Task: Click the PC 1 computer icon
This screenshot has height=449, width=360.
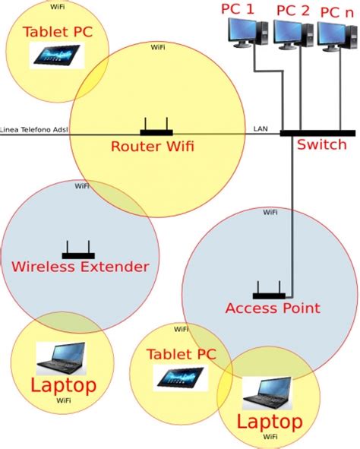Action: coord(248,34)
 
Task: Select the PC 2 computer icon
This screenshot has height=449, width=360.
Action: coord(292,34)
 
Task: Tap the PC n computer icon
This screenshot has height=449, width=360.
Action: coord(336,34)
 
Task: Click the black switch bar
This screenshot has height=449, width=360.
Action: coord(317,133)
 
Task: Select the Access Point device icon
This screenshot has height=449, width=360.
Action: coord(269,290)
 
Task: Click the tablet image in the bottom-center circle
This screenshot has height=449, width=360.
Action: coord(180,375)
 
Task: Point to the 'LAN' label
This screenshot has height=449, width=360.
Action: coord(261,129)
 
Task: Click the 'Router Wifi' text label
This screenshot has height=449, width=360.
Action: coord(152,146)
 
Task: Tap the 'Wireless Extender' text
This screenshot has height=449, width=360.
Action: coord(80,267)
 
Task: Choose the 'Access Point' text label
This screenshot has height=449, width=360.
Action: coord(273,308)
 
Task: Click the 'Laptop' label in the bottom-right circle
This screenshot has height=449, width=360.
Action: coord(270,422)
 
